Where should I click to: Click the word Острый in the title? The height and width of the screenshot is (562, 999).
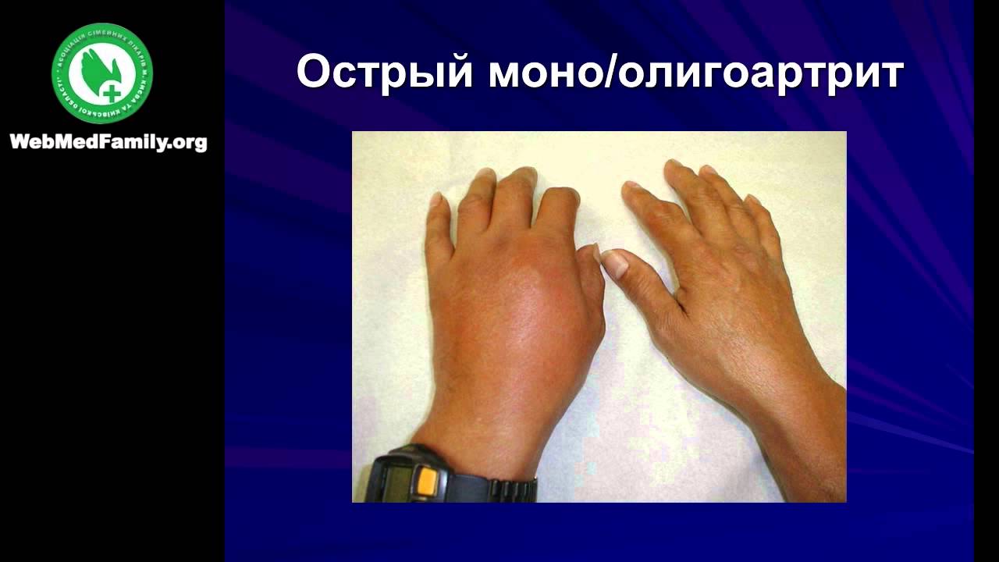click(384, 73)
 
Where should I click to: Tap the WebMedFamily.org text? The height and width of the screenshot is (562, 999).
click(108, 142)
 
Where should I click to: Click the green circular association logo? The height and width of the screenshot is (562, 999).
click(102, 73)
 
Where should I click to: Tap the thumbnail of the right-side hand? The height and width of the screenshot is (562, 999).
click(615, 264)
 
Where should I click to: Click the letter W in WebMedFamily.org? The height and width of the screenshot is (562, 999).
click(20, 142)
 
